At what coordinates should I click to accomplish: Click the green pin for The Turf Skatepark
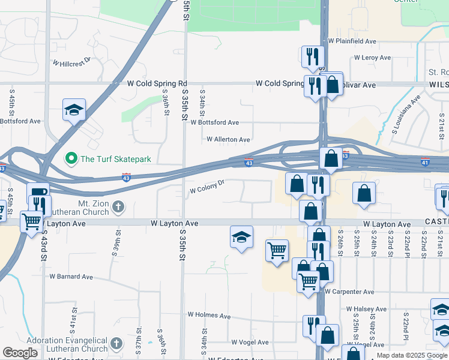pyautogui.click(x=71, y=159)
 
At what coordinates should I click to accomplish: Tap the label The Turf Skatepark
pyautogui.click(x=115, y=159)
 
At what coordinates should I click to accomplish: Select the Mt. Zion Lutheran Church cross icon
pyautogui.click(x=118, y=207)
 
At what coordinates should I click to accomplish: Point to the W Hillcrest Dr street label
pyautogui.click(x=71, y=61)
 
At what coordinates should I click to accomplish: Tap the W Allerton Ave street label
pyautogui.click(x=228, y=140)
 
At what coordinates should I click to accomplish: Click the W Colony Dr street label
pyautogui.click(x=207, y=187)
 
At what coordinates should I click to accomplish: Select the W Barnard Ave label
pyautogui.click(x=71, y=277)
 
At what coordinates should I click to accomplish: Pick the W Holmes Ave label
pyautogui.click(x=209, y=315)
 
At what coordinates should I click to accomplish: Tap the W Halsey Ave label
pyautogui.click(x=366, y=309)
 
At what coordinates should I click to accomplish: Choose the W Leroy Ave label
pyautogui.click(x=373, y=58)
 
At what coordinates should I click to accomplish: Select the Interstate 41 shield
pyautogui.click(x=425, y=162)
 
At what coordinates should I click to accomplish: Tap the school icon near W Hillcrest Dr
pyautogui.click(x=74, y=110)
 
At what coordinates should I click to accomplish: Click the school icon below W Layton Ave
pyautogui.click(x=241, y=238)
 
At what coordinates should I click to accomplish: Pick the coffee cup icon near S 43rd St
pyautogui.click(x=37, y=193)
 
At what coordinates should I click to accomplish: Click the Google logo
pyautogui.click(x=20, y=353)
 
